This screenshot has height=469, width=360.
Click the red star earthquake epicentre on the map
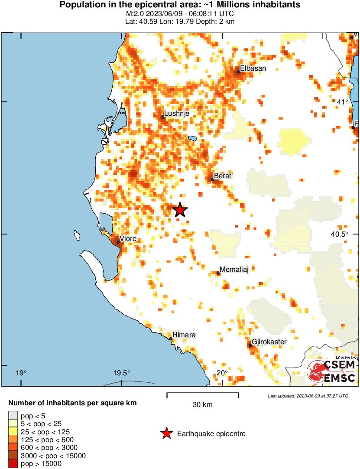click(180, 210)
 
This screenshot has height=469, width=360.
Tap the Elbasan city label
click(253, 68)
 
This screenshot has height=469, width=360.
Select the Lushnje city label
click(177, 114)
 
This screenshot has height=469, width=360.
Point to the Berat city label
click(223, 176)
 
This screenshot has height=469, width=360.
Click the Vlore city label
click(128, 239)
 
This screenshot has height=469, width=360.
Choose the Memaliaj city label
click(234, 270)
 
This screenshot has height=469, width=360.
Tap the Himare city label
click(184, 335)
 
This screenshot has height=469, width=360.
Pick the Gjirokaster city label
click(269, 342)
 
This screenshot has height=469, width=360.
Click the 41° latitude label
click(343, 102)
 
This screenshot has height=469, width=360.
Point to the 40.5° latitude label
click(340, 234)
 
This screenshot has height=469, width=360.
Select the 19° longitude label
click(21, 373)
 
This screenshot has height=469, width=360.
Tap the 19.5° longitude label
click(122, 373)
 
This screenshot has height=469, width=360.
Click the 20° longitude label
click(222, 373)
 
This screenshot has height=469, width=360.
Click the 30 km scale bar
click(202, 395)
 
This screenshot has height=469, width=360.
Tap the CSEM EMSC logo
click(332, 372)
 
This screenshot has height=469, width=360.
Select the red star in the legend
click(166, 433)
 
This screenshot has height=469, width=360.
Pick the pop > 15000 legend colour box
click(13, 464)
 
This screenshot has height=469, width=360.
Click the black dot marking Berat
click(213, 179)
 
